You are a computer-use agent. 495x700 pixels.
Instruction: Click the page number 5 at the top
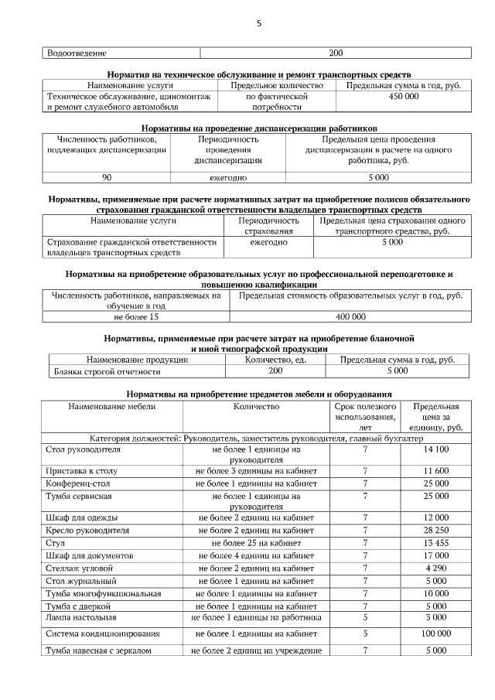[259, 24]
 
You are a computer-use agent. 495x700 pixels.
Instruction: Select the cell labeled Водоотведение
[77, 53]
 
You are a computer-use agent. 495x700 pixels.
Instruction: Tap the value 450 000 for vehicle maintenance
[403, 97]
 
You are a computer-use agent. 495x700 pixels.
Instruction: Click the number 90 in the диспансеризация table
[107, 177]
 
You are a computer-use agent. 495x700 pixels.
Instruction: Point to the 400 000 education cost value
[350, 317]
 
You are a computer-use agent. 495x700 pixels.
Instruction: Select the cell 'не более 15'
[136, 317]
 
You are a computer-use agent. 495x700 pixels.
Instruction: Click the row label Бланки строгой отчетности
[101, 371]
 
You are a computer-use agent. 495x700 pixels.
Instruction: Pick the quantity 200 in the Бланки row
[275, 371]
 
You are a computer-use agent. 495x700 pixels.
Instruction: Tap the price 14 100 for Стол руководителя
[436, 449]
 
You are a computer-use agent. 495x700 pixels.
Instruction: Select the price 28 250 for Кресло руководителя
[436, 531]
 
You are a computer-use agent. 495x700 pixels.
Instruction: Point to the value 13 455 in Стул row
[436, 543]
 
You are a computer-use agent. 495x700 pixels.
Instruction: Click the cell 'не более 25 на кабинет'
[256, 543]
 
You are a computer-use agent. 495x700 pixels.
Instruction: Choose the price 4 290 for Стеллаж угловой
[436, 568]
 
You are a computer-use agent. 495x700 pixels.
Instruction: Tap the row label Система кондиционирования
[103, 633]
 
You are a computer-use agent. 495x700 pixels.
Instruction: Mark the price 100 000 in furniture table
[436, 633]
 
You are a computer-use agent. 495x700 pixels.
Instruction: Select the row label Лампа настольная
[81, 617]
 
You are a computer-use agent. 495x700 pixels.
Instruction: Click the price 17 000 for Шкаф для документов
[436, 555]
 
